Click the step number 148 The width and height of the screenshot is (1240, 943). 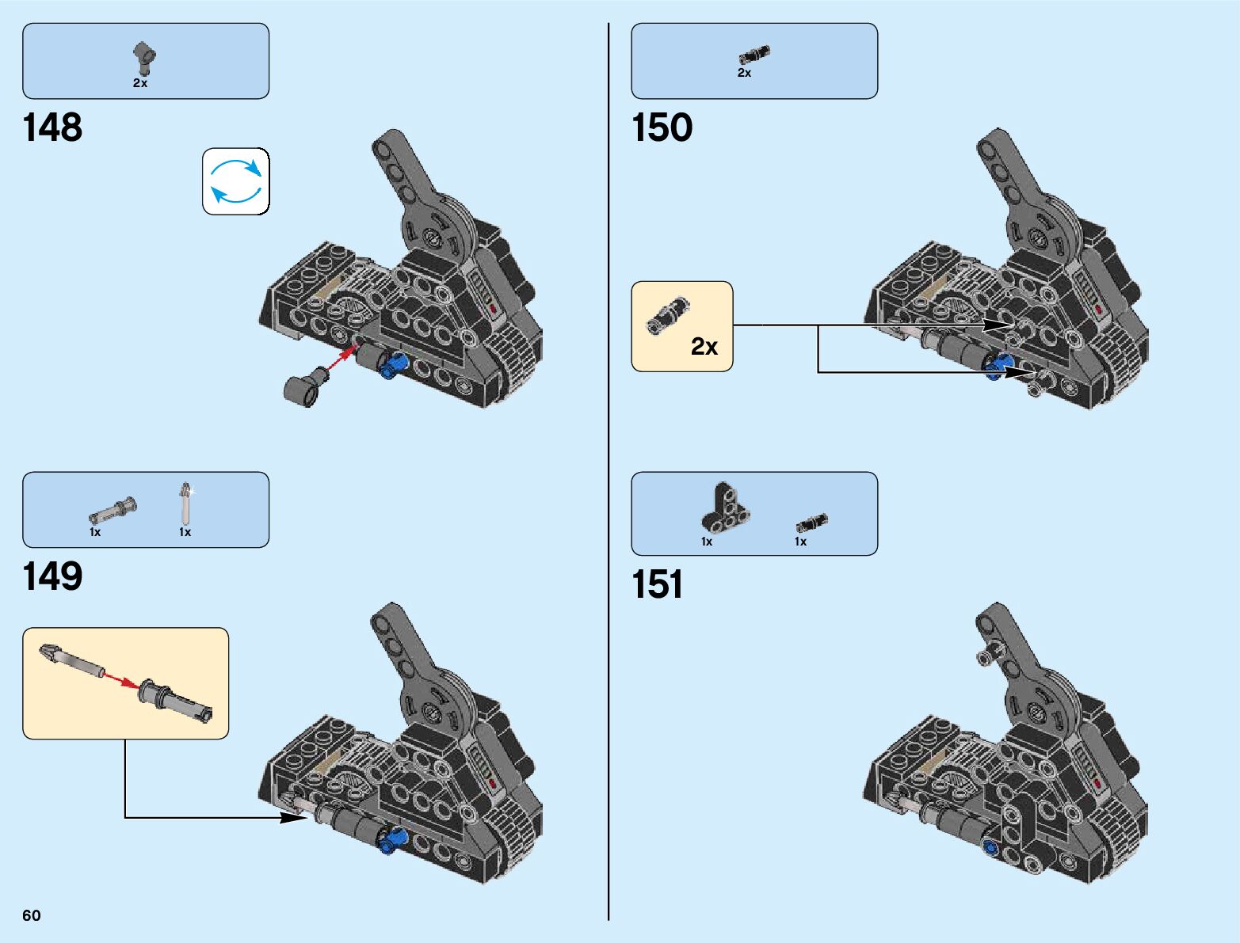pos(52,128)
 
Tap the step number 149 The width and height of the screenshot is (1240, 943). pos(52,576)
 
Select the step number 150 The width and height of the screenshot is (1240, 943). pos(662,128)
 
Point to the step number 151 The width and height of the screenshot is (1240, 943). pos(657,585)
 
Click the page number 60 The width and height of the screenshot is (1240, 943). pos(32,915)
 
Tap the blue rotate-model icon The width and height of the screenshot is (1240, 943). pos(235,181)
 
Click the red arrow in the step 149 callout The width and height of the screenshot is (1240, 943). pos(121,680)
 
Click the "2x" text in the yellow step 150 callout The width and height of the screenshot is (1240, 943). pos(704,346)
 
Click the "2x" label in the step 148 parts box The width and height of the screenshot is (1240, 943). pos(140,83)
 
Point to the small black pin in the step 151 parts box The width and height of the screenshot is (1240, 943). pos(812,522)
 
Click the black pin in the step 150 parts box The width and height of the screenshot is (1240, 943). pos(754,55)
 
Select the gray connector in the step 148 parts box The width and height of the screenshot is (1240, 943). pos(144,55)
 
